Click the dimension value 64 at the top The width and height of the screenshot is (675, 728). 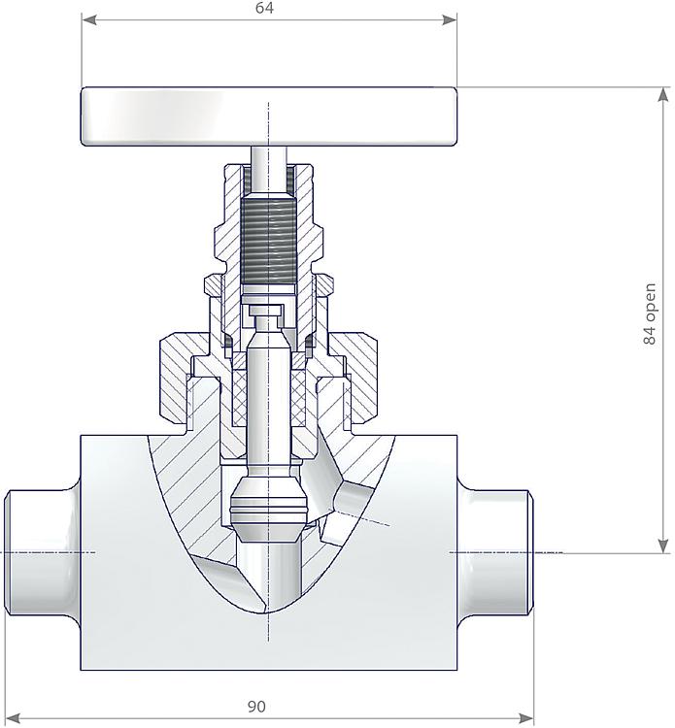coord(264,8)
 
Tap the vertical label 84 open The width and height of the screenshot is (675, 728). coord(652,314)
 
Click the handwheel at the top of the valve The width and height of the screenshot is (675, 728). coord(268,116)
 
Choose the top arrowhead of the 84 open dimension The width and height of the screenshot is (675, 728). coord(663,94)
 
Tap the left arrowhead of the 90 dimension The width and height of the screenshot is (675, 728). coord(13,719)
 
